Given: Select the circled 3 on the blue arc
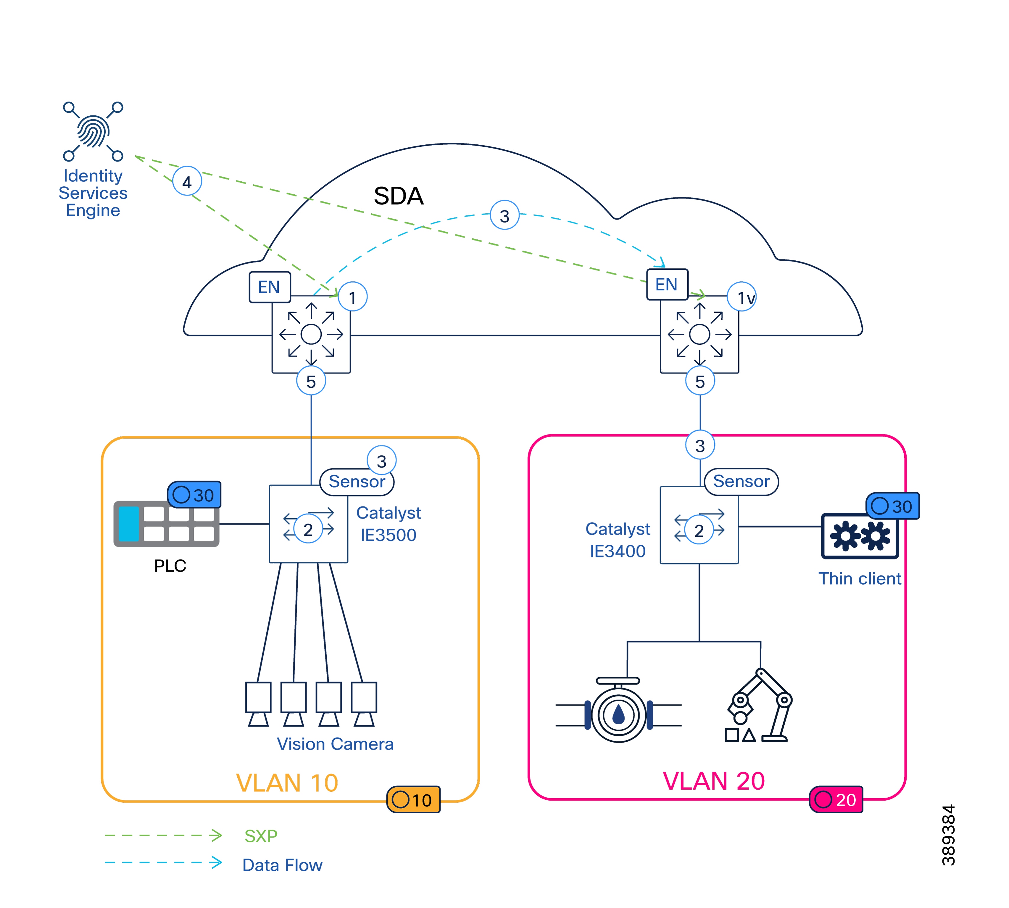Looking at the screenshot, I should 504,215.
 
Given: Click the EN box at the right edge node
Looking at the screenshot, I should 667,284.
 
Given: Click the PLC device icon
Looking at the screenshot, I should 166,524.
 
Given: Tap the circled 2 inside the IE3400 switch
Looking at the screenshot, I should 699,530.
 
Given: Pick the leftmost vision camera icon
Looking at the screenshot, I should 258,704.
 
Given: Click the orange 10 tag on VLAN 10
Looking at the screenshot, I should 413,800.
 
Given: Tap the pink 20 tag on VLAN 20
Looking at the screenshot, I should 836,799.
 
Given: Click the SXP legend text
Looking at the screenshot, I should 260,836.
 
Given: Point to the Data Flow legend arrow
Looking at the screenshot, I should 163,862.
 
